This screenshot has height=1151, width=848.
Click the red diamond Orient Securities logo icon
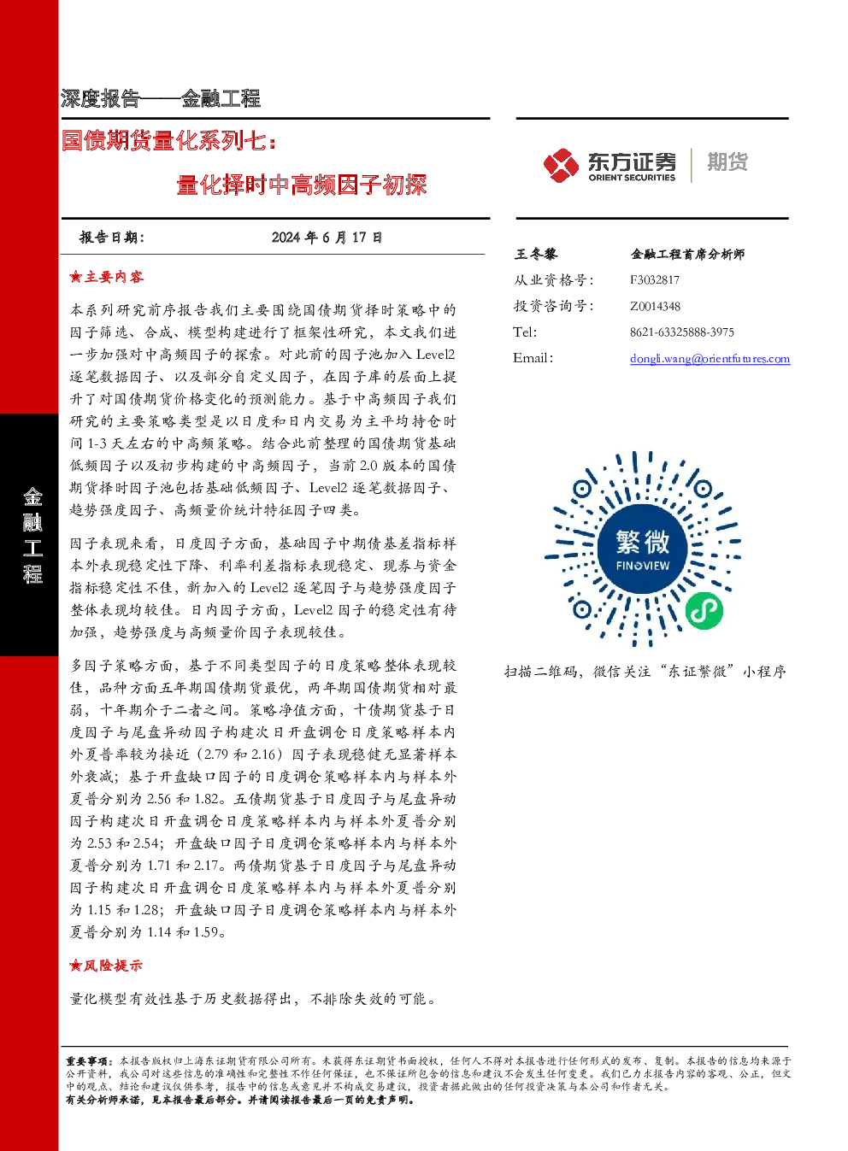(x=561, y=165)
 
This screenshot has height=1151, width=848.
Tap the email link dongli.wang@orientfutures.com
(x=710, y=359)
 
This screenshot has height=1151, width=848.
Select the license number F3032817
(x=655, y=280)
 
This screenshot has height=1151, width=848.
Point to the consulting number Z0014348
(x=656, y=306)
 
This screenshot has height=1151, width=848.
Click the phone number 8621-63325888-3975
(x=682, y=332)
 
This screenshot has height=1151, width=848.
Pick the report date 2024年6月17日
(x=327, y=238)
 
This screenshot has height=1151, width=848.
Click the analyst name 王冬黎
(x=535, y=254)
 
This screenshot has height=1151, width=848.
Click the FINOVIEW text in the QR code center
(x=643, y=566)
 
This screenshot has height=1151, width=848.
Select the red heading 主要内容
(x=114, y=277)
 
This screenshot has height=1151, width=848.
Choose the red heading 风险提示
(x=113, y=966)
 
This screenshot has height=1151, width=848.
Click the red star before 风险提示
(x=76, y=966)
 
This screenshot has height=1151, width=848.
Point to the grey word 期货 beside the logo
(x=727, y=161)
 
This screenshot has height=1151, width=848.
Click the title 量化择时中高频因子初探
(x=302, y=185)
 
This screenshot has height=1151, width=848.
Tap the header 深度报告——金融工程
(x=161, y=98)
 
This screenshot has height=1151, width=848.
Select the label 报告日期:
(x=112, y=238)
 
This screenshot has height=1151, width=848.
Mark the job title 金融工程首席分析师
(x=687, y=254)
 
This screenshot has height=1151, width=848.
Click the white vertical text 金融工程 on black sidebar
(x=32, y=536)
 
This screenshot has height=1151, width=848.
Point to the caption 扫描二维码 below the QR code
(x=540, y=672)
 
